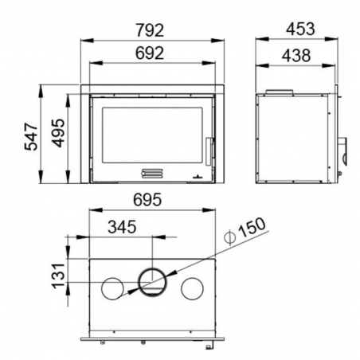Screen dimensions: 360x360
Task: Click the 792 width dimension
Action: coord(150,30)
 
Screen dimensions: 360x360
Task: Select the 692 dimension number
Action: coord(150,53)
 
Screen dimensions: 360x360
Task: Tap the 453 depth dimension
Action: coord(300,29)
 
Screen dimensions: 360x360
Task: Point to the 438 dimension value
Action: coord(296,56)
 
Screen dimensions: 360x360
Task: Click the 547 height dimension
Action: coord(31,137)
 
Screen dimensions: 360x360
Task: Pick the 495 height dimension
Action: coord(58,133)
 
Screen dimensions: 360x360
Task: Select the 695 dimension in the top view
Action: coord(147,200)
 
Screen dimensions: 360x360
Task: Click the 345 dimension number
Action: coord(122,227)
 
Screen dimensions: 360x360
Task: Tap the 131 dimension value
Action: coord(58,276)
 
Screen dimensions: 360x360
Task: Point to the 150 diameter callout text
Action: coord(252,228)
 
